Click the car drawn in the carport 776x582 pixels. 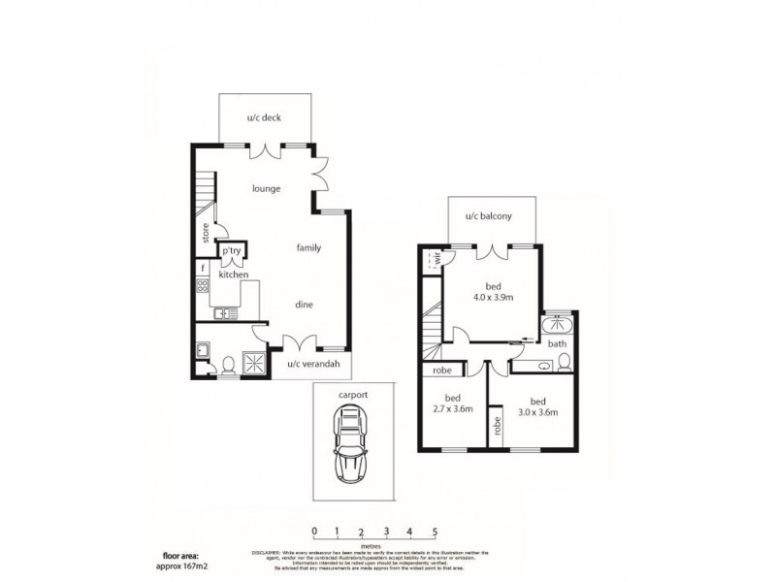click(x=348, y=444)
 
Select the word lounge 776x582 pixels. click(x=267, y=188)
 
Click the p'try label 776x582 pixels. click(x=231, y=251)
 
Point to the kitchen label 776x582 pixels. click(x=234, y=275)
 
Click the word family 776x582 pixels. click(x=308, y=248)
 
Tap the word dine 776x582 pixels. click(x=304, y=304)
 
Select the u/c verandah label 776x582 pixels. click(x=315, y=364)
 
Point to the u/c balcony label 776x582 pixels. click(x=488, y=216)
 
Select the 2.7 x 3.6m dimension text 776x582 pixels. click(x=452, y=409)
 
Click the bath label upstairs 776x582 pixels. click(x=557, y=343)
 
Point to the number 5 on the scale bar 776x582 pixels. click(x=436, y=532)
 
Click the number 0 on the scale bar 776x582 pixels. click(x=314, y=532)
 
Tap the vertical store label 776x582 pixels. click(x=206, y=233)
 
